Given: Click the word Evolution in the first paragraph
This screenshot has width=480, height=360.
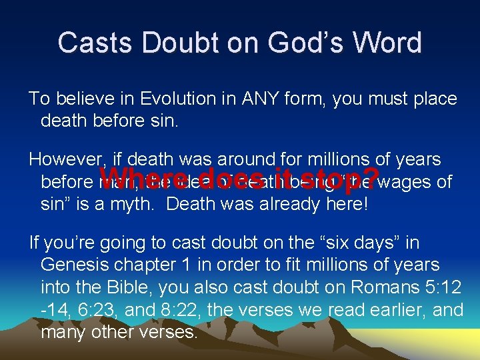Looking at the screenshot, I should pyautogui.click(x=179, y=99).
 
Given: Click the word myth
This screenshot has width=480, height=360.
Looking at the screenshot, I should pyautogui.click(x=135, y=204).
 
